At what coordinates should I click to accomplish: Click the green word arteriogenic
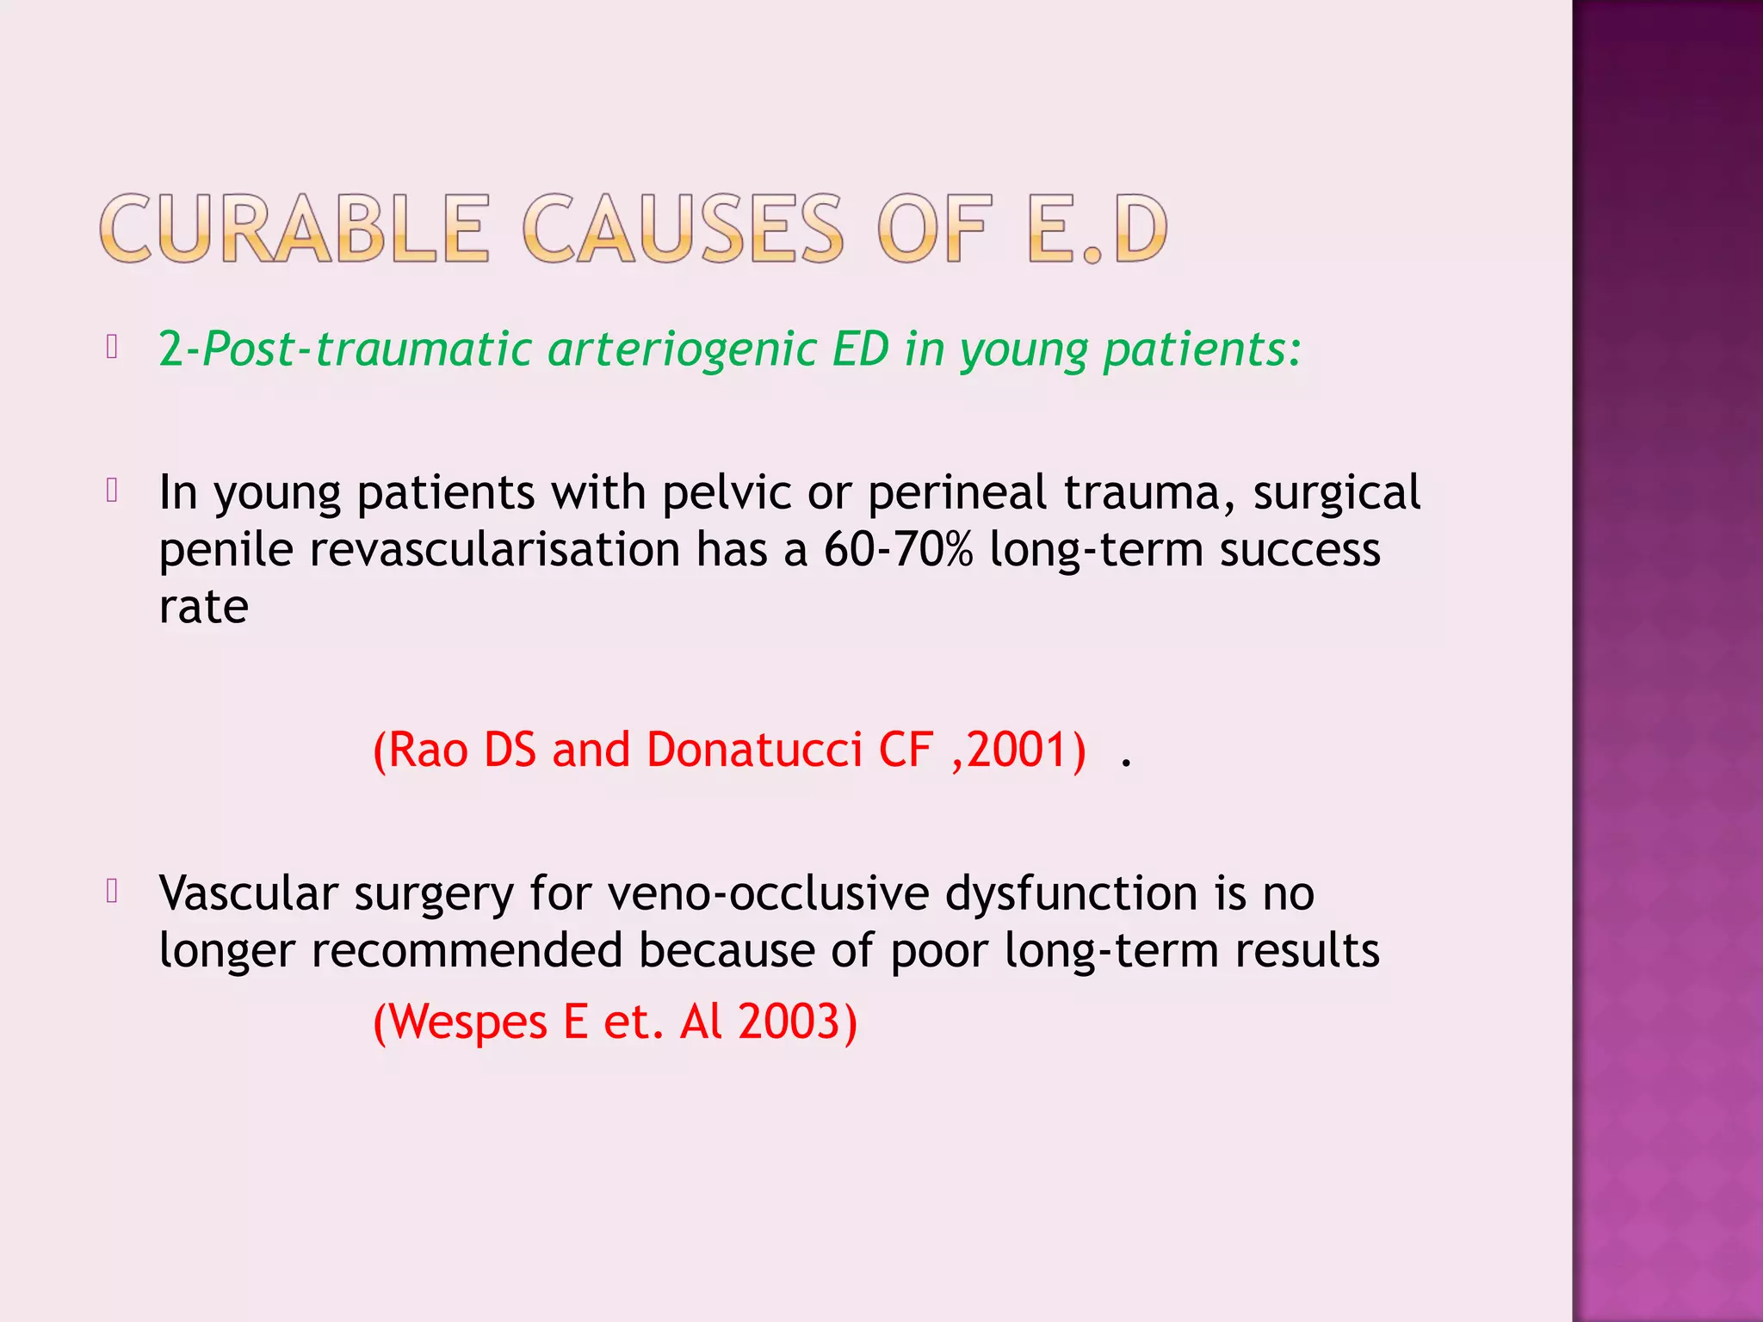681,349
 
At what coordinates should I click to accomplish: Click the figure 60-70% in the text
898,549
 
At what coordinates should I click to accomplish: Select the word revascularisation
495,549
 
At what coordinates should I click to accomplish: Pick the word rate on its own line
204,607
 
